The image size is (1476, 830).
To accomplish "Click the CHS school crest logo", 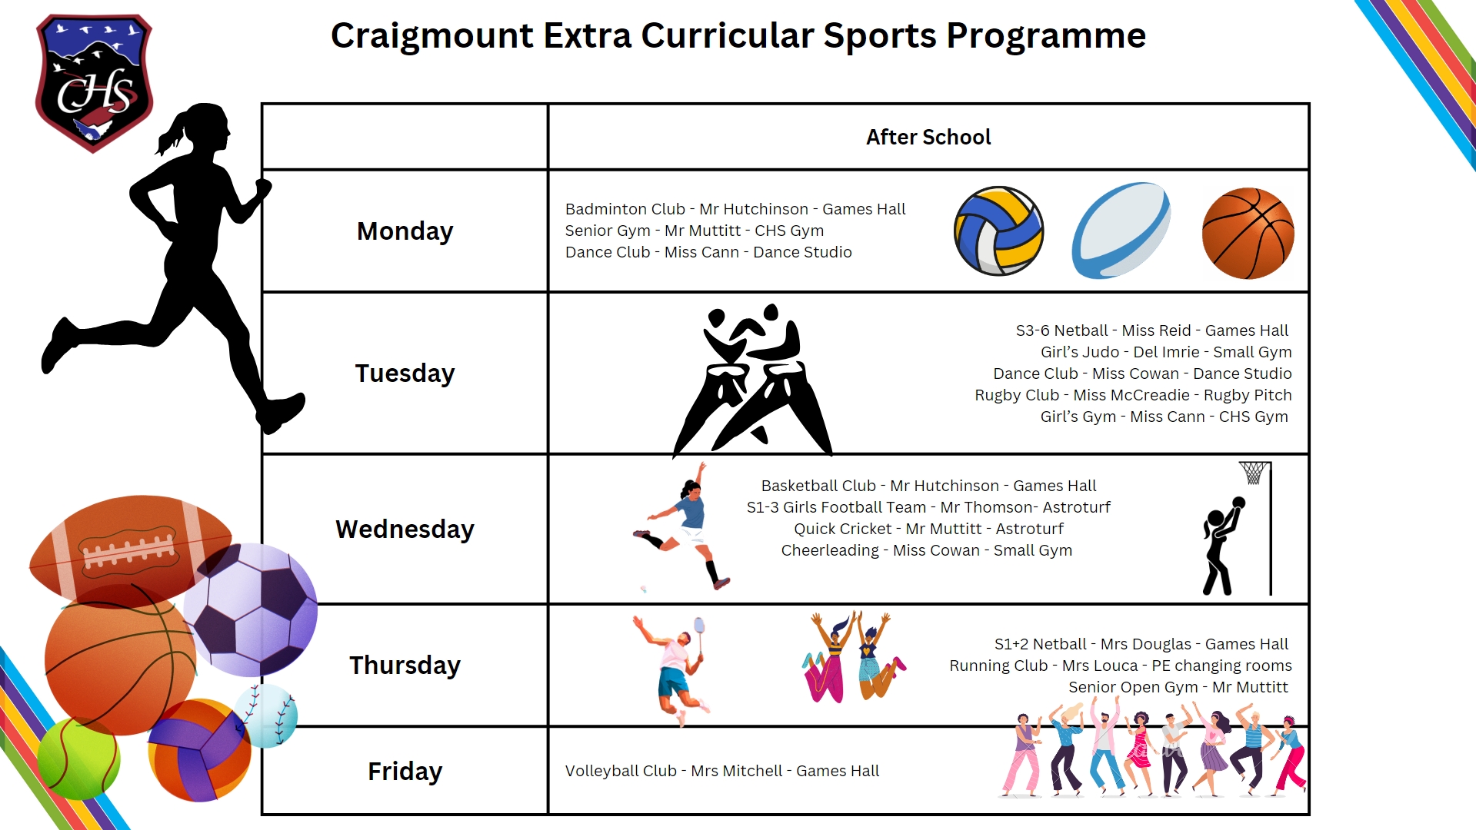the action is click(x=94, y=83).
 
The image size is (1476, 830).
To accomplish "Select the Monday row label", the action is click(x=405, y=231).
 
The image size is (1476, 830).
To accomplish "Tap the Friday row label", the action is click(x=405, y=771).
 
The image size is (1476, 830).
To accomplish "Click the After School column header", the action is click(x=928, y=137).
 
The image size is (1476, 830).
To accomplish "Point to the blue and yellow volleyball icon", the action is click(x=998, y=231).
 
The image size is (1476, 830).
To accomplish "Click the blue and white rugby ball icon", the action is click(x=1121, y=231).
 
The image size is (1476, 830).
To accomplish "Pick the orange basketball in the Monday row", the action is click(x=1248, y=233).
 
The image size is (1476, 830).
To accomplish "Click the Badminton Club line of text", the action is click(x=735, y=209).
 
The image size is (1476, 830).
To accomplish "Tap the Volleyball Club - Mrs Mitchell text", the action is click(x=721, y=771).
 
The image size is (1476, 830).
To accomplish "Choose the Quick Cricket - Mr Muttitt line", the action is click(x=928, y=529).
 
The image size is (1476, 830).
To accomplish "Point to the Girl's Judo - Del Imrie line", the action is click(x=1165, y=352).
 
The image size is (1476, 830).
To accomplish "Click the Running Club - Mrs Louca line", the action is click(x=1120, y=666).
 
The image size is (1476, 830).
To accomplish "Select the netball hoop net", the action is click(x=1254, y=473).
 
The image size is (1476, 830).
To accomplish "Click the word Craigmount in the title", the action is click(x=431, y=36).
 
